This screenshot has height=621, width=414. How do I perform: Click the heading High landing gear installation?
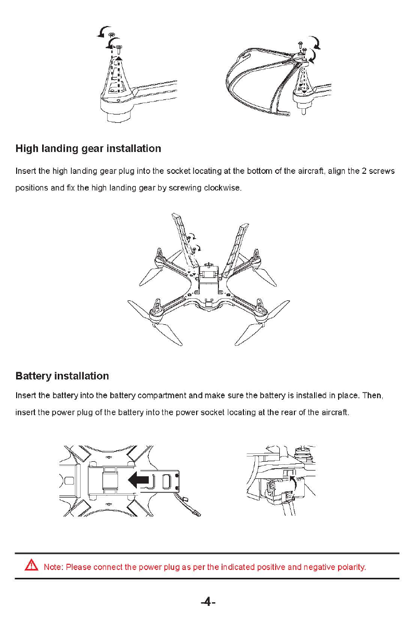click(88, 149)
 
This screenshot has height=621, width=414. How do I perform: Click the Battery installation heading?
click(62, 376)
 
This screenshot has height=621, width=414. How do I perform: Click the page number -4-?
click(208, 602)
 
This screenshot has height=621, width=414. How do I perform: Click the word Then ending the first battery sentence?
click(372, 396)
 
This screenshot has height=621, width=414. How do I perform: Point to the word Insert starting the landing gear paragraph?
click(25, 171)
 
